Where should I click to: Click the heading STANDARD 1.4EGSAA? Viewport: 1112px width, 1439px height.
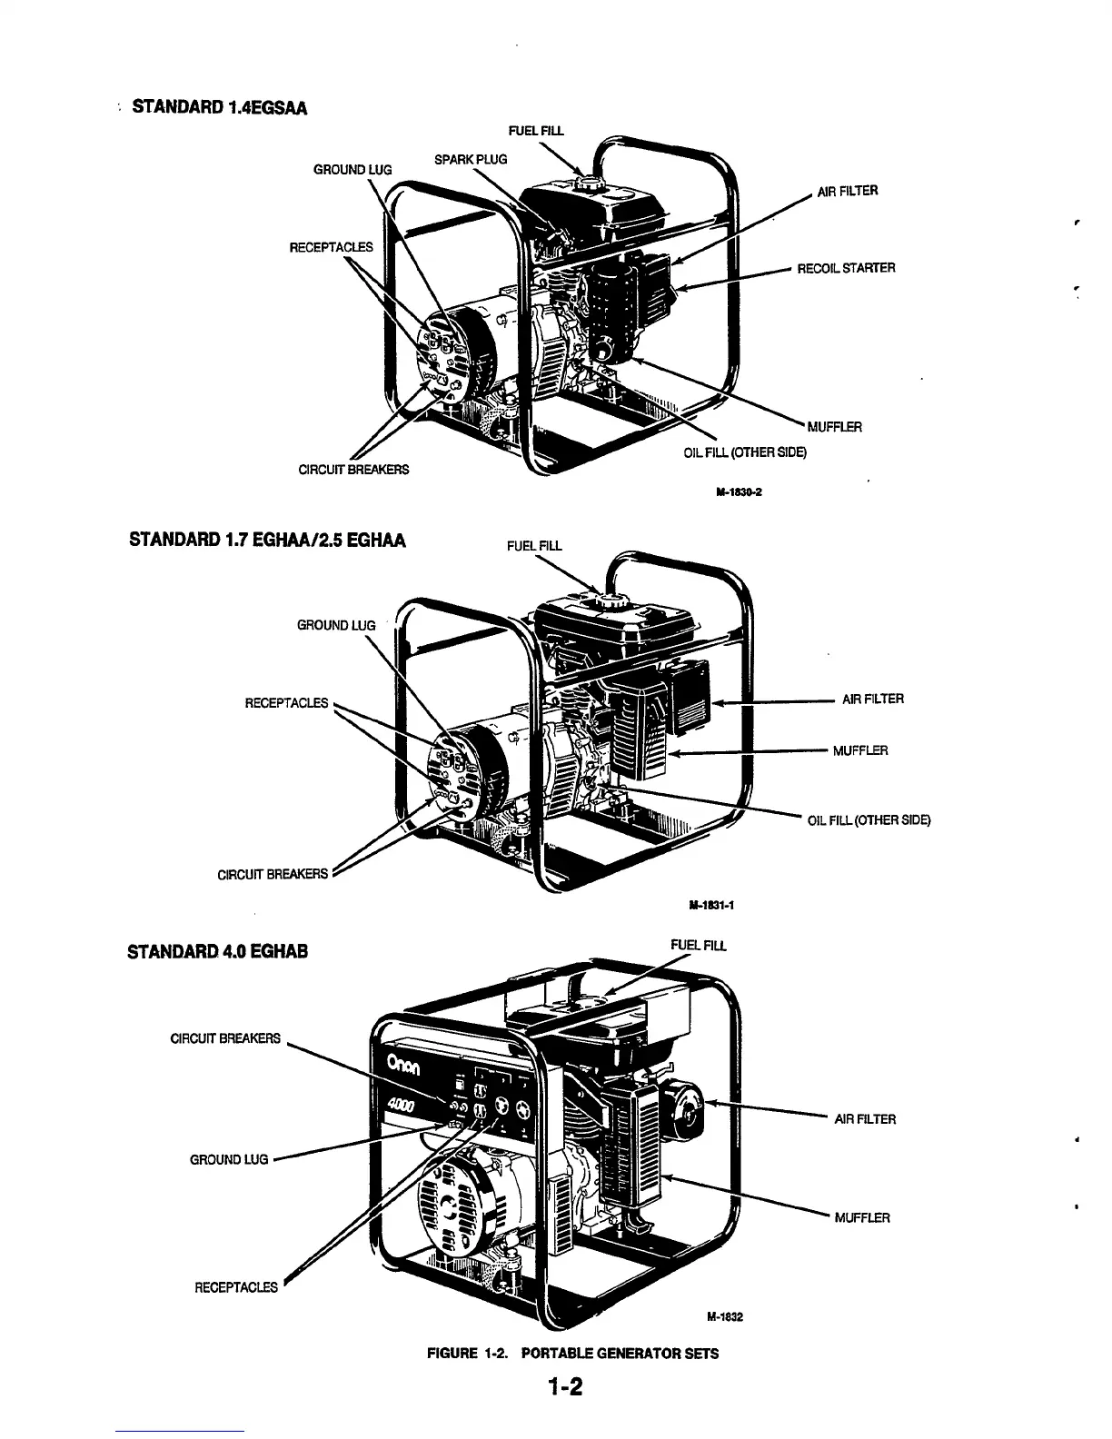[x=219, y=108]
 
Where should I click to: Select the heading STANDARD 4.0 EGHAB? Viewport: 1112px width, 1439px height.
[x=218, y=951]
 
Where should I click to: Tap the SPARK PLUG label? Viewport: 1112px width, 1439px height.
[x=471, y=160]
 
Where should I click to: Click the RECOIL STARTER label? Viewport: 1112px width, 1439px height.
[x=846, y=268]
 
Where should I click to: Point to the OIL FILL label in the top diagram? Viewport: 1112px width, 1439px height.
[x=744, y=452]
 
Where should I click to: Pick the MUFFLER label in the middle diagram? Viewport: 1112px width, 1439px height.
[x=860, y=750]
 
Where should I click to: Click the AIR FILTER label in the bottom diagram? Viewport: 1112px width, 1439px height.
[x=865, y=1119]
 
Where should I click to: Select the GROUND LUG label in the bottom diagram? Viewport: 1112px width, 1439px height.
[x=229, y=1159]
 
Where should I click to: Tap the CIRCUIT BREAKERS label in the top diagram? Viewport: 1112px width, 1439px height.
[x=353, y=470]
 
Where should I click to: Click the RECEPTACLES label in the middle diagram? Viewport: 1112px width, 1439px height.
[x=286, y=702]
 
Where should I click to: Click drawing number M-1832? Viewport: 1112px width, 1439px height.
[x=724, y=1317]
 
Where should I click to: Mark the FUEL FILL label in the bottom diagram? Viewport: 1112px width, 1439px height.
[x=698, y=946]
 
